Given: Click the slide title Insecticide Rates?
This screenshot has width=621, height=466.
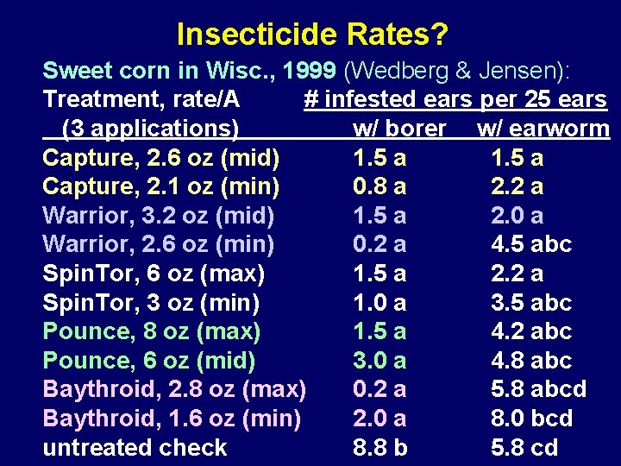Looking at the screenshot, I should click(x=311, y=35).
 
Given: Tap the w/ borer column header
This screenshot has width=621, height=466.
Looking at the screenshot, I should click(x=399, y=129).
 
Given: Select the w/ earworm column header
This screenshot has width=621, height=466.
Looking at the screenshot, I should click(x=543, y=129).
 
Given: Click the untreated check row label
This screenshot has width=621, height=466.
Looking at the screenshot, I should click(x=135, y=447).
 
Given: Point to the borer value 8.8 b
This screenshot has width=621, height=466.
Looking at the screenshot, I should click(x=380, y=447).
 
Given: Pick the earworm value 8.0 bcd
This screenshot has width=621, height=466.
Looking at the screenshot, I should click(x=531, y=419).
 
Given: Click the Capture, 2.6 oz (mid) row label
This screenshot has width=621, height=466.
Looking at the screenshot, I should click(x=160, y=158).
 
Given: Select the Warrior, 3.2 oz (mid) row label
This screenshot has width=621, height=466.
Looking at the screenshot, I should click(x=158, y=216).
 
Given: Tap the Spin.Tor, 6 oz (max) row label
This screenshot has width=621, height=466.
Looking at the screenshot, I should click(x=154, y=274).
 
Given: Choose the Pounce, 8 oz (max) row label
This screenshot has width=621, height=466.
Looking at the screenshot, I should click(x=152, y=331).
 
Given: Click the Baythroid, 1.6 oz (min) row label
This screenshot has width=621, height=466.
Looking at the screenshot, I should click(x=172, y=419).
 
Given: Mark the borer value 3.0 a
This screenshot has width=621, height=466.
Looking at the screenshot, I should click(x=379, y=360).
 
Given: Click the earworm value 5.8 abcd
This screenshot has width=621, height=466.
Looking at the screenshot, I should click(x=538, y=389).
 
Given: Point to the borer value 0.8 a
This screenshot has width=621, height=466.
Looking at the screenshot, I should click(x=379, y=186).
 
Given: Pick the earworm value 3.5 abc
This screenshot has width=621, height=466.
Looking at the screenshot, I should click(x=531, y=302).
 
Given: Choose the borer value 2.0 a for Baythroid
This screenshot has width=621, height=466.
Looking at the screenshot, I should click(x=379, y=419).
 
